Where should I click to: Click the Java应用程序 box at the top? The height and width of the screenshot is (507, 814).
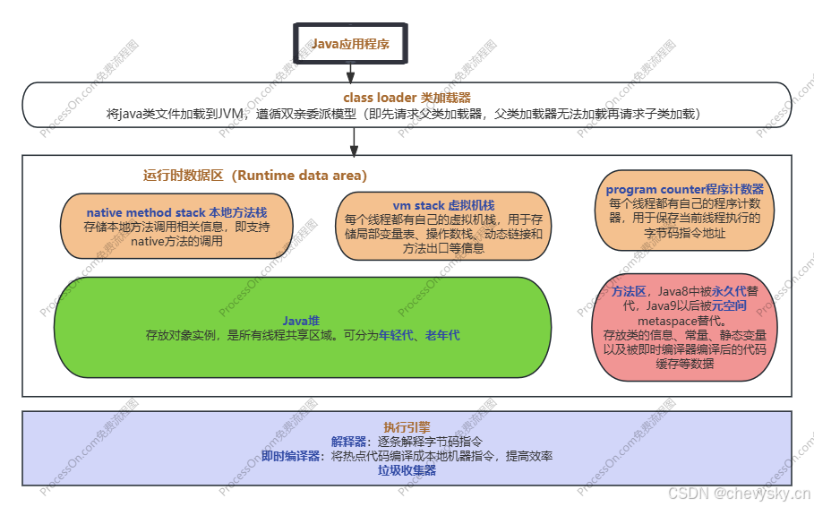(350, 44)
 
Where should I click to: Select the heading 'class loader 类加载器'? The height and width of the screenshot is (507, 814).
(407, 98)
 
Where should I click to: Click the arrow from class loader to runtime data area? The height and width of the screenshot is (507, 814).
(355, 141)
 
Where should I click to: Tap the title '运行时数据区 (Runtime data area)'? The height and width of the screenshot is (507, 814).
(255, 176)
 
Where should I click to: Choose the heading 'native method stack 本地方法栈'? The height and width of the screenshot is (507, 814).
(176, 212)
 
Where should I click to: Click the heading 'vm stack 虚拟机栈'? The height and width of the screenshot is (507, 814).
(443, 205)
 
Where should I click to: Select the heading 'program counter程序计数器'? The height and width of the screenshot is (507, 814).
(685, 190)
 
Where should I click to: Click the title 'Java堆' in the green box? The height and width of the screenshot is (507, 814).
(302, 321)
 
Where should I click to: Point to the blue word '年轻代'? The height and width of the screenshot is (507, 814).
(398, 335)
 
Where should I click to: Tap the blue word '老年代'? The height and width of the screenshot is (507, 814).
(442, 335)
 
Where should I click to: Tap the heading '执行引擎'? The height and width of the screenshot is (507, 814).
(407, 427)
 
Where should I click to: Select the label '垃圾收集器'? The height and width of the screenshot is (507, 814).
(407, 470)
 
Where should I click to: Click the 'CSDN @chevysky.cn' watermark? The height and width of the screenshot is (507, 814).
(738, 492)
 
